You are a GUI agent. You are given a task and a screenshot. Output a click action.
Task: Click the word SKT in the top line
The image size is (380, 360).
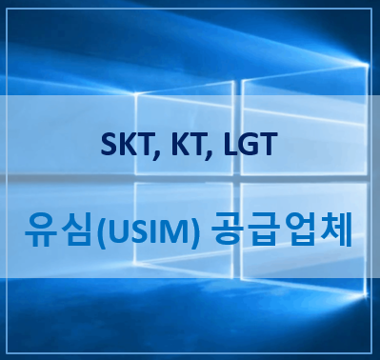click(x=130, y=147)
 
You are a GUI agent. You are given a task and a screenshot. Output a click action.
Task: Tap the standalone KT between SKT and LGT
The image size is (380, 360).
click(x=190, y=147)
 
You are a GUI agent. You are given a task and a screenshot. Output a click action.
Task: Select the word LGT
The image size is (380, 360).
click(x=248, y=147)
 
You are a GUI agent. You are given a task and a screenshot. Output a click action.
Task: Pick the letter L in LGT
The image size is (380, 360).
click(x=229, y=147)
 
